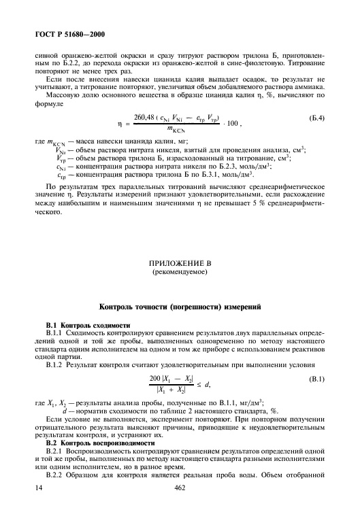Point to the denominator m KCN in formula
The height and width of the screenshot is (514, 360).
[178, 129]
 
